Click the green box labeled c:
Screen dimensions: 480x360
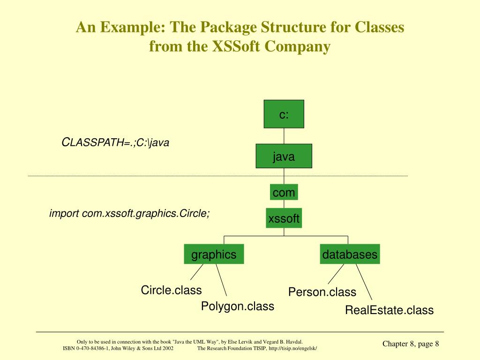coord(284,114)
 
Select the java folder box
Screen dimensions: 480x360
coord(284,156)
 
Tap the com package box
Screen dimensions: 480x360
coord(284,192)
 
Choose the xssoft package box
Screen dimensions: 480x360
coord(284,218)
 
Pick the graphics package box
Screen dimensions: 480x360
coord(214,255)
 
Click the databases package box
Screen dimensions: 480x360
coord(349,255)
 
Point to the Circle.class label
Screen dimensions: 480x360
coord(171,290)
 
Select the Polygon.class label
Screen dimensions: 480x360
coord(238,307)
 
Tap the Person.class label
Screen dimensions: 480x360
coord(322,292)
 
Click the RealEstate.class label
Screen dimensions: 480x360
coord(389,310)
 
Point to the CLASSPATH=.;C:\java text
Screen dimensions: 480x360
coord(115,142)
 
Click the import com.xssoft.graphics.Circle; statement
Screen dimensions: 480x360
coord(130,213)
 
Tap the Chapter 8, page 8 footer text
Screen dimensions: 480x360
coord(411,344)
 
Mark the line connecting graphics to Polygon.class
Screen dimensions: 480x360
coord(221,280)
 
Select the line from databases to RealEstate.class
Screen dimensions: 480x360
coord(364,283)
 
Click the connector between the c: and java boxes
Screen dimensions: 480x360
coord(284,136)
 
